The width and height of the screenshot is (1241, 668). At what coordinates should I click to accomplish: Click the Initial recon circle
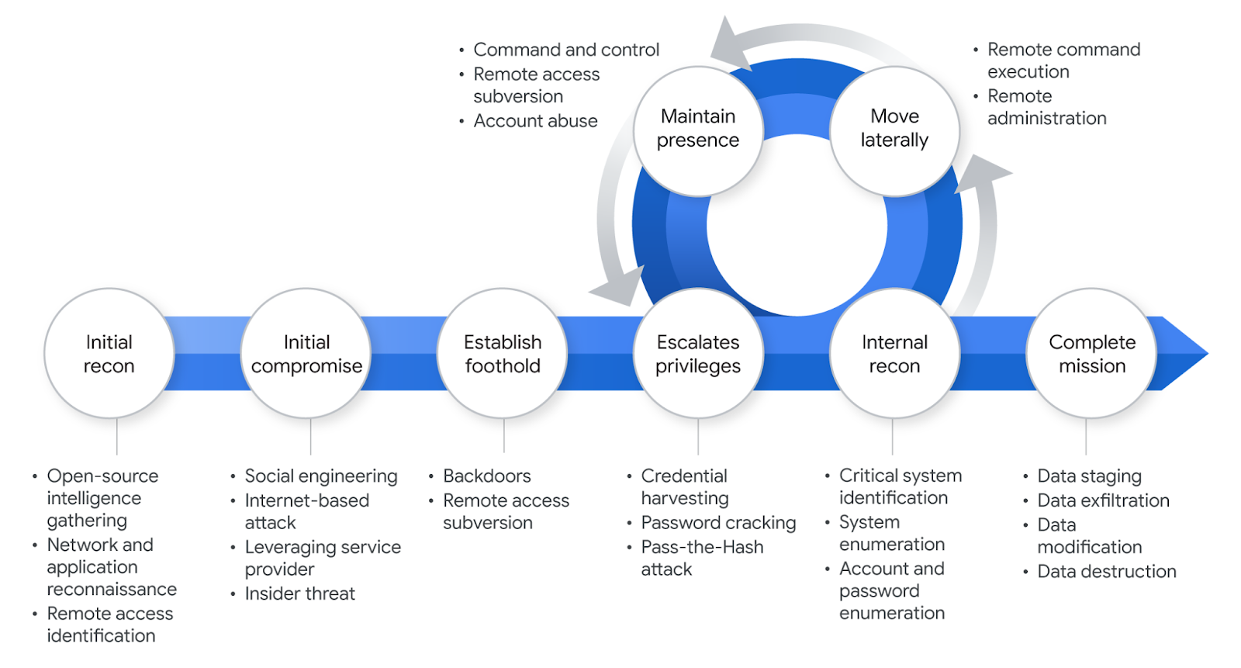(x=109, y=354)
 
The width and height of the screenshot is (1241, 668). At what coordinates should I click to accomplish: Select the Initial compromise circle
(x=306, y=354)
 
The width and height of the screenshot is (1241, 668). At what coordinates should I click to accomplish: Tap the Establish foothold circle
(x=503, y=354)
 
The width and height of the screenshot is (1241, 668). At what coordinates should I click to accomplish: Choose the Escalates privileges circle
(x=698, y=354)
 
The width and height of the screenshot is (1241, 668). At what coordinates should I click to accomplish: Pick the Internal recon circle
(x=894, y=354)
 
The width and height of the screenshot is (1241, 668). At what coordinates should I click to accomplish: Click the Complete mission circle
(x=1091, y=354)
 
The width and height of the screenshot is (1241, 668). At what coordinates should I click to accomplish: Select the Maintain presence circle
(x=698, y=130)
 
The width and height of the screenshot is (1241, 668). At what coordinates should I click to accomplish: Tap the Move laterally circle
(x=894, y=130)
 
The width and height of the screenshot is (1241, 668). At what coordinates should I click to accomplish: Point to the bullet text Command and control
(x=566, y=50)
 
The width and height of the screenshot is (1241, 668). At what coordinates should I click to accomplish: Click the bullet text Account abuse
(x=535, y=121)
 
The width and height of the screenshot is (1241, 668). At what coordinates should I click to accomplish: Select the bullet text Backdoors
(x=487, y=476)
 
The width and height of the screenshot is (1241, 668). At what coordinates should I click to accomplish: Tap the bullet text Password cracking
(x=718, y=523)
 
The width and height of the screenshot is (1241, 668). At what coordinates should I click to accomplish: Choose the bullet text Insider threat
(x=299, y=594)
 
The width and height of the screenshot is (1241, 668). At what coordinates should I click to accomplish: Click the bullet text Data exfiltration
(x=1103, y=500)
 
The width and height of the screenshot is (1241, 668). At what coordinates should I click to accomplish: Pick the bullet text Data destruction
(x=1107, y=572)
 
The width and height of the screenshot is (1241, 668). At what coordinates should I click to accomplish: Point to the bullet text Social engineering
(x=321, y=476)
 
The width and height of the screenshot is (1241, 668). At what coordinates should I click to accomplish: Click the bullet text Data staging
(x=1089, y=476)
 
